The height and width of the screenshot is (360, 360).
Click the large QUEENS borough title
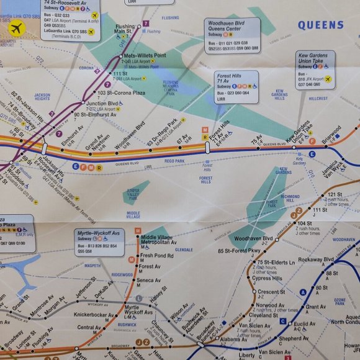coord(320,25)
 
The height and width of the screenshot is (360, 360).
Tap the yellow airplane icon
coord(17,27)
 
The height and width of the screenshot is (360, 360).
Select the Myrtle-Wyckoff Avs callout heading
coord(99,234)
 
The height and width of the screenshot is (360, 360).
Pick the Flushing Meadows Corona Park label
coord(170,87)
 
